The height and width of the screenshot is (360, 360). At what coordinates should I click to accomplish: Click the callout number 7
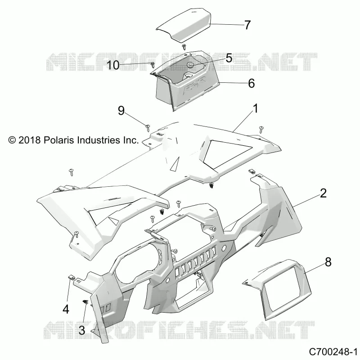tap(247, 25)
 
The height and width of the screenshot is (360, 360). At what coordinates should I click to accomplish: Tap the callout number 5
tap(229, 58)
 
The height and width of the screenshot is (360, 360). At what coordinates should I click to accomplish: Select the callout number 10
tap(113, 65)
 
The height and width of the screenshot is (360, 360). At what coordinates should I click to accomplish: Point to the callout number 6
tap(252, 83)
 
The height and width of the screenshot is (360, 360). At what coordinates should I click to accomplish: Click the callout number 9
tap(121, 111)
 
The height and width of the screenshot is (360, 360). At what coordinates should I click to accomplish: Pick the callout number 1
tap(255, 108)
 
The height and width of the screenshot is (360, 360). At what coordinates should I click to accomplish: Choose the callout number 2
tap(323, 193)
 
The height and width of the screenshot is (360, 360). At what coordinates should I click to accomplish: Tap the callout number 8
tap(328, 262)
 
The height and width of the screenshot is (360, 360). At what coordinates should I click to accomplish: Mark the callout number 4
tap(66, 309)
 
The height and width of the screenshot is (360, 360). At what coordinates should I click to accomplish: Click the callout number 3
tap(82, 330)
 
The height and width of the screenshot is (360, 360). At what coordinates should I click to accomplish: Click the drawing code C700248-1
tap(333, 352)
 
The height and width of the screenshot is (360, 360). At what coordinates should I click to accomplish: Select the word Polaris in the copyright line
tap(59, 140)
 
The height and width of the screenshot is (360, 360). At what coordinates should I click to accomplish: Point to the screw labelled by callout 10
tap(153, 65)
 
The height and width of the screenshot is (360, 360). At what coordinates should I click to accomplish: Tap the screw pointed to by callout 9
tap(148, 127)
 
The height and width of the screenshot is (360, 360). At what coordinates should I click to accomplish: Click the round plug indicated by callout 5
tap(190, 65)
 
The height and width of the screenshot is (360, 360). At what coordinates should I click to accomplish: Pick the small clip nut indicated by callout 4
tap(71, 277)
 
